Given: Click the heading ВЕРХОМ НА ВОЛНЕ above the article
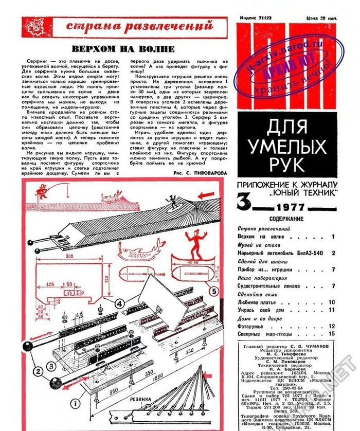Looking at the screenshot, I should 122,49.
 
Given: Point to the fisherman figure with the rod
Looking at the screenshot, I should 43,191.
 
